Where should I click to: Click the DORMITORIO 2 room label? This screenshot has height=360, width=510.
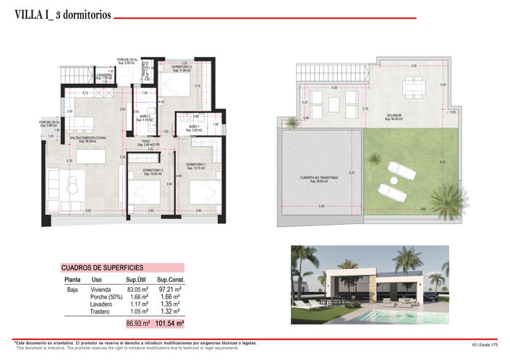click(x=181, y=68)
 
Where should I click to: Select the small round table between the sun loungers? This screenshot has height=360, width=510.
click(x=393, y=179)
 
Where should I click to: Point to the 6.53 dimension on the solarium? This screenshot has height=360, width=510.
click(x=441, y=162)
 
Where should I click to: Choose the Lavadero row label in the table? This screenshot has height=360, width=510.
click(x=101, y=304)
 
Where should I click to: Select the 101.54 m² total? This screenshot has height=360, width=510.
click(x=170, y=323)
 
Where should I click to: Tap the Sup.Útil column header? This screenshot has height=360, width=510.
click(x=137, y=279)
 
